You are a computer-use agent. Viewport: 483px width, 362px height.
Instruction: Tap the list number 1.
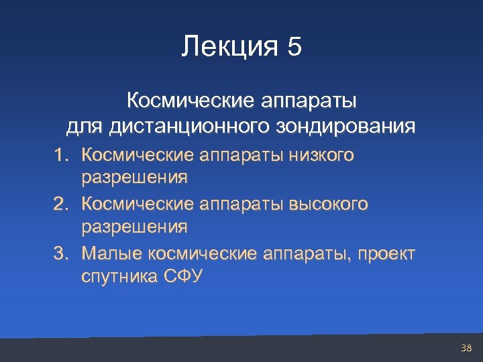click(61, 156)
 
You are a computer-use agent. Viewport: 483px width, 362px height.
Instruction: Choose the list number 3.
click(61, 253)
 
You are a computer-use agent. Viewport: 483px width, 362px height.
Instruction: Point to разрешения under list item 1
click(134, 178)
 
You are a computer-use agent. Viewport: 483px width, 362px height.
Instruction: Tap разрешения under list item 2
click(134, 227)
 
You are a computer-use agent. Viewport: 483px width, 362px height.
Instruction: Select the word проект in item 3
click(387, 253)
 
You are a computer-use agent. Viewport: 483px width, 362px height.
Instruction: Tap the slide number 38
click(467, 348)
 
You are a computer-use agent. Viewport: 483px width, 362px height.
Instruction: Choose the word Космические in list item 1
click(138, 156)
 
